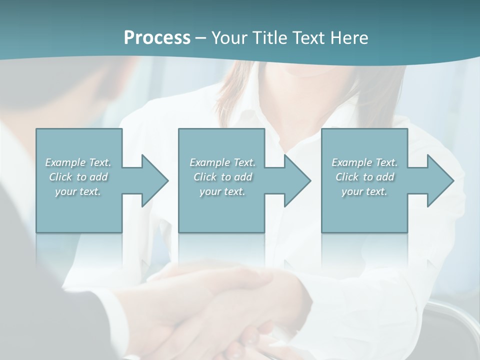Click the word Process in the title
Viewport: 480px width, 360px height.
tap(157, 37)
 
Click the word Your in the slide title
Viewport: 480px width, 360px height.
tap(229, 37)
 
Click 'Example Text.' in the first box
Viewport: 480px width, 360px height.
tap(78, 162)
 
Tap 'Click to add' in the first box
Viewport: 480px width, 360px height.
tap(78, 177)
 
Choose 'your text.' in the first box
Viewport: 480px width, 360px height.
tap(78, 191)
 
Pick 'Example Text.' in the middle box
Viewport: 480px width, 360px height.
tap(222, 162)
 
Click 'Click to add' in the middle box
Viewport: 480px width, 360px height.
tap(222, 177)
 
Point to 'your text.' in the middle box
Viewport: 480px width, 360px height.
tap(222, 191)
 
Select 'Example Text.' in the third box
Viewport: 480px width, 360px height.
tap(364, 162)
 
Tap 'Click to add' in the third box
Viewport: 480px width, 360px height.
tap(364, 177)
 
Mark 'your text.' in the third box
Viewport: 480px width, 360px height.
tap(364, 191)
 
